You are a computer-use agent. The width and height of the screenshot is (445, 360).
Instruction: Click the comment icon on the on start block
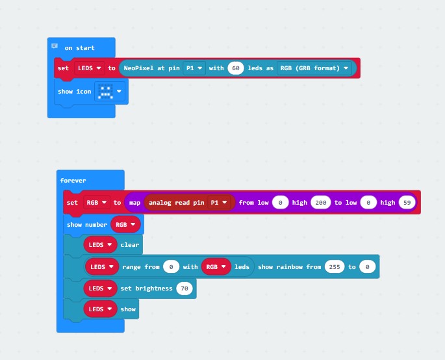coord(55,46)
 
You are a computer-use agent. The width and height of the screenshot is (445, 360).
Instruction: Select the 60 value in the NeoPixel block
coord(236,68)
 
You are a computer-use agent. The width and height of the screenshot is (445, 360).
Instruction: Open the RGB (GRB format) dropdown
coord(314,68)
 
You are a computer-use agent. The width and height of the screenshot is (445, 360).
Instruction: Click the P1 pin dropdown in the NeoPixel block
coord(194,68)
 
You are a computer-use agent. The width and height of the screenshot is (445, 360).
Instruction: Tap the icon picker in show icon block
coord(110,92)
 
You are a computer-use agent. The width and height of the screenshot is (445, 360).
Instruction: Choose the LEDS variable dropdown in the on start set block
coord(90,68)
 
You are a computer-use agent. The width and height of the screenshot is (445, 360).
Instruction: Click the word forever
coord(73,181)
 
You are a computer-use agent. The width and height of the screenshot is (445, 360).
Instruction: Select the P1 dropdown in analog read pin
coord(218,203)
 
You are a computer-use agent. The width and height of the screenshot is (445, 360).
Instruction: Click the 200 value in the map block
coord(321,203)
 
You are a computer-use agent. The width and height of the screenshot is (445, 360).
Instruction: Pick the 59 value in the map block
coord(407,203)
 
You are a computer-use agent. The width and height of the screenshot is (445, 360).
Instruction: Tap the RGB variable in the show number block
coord(125,225)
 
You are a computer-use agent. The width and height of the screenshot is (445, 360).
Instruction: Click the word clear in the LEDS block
coord(130,245)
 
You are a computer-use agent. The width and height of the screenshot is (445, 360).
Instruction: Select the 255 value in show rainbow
coord(335,267)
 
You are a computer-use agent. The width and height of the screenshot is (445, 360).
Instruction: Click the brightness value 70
coord(184,289)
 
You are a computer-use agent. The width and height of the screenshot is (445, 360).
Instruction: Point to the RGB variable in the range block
coord(216,267)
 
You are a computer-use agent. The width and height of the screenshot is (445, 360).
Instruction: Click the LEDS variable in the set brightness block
coord(100,289)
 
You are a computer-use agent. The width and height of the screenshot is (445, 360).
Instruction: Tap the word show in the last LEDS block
coord(128,309)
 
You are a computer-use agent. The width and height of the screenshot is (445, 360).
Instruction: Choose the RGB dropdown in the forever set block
coord(97,203)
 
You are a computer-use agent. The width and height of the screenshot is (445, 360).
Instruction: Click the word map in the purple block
coord(135,203)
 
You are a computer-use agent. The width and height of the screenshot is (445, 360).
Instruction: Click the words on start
coord(79,48)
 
